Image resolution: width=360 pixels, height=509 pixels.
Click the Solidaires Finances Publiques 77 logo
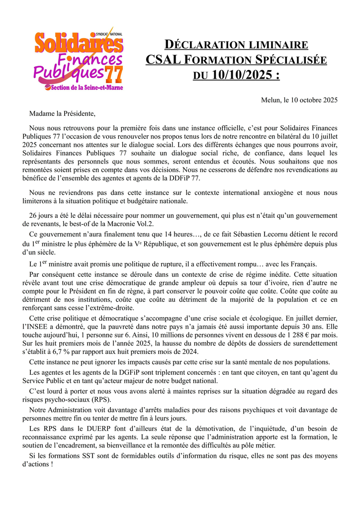click(79, 59)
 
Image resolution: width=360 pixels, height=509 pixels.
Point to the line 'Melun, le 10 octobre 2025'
click(299, 100)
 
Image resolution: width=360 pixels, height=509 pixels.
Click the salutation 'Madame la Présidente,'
click(62, 114)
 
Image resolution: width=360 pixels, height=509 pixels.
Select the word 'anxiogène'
click(280, 192)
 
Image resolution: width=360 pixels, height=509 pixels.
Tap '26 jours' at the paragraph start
click(43, 216)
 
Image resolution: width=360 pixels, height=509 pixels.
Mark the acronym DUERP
click(103, 428)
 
